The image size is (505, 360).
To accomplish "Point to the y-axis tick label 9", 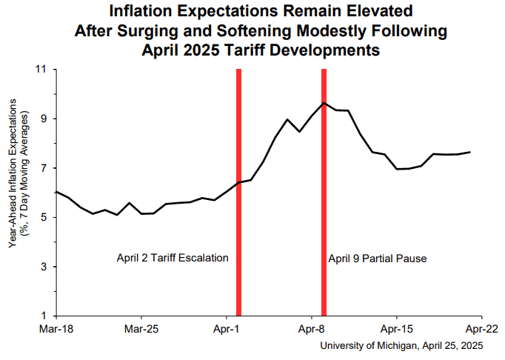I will coord(44,119).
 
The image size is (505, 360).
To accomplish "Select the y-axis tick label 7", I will coord(44,168).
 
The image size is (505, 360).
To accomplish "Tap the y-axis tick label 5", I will coord(44,217).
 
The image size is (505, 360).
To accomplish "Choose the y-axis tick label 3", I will coord(44,267).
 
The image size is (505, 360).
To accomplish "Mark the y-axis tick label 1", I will coord(44,316).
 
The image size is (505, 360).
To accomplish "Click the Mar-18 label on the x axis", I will coord(56,327).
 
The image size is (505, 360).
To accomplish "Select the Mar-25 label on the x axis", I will coord(141,327).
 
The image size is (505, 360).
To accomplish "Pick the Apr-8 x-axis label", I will coord(312,327).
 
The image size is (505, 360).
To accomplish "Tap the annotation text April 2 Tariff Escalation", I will coord(173,259).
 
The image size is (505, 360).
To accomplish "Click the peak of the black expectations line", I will coord(324,103).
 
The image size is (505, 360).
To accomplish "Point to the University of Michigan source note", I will coord(401,345).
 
